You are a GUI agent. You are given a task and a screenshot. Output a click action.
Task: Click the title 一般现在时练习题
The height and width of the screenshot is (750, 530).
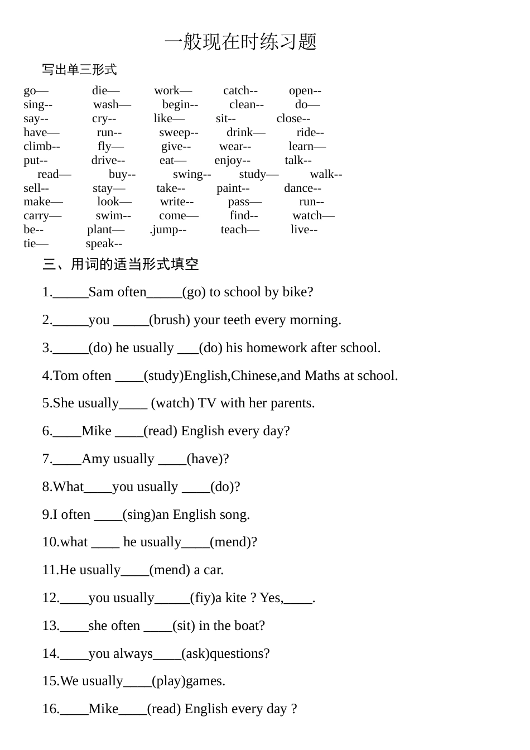(240, 42)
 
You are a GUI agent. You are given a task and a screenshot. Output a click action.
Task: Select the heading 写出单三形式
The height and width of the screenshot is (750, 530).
(79, 70)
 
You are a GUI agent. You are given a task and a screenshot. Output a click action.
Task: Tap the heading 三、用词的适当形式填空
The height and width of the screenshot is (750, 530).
(121, 264)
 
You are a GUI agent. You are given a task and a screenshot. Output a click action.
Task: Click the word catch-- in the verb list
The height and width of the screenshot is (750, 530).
(240, 90)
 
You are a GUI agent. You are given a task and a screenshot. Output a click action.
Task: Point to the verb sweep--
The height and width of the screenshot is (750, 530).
(179, 132)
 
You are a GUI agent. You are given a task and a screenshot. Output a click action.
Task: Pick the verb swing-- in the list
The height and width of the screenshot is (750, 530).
(191, 174)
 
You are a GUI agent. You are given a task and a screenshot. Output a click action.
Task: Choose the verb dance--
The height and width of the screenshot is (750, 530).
(302, 188)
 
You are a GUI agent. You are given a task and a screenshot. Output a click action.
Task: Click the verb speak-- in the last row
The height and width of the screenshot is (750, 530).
(104, 243)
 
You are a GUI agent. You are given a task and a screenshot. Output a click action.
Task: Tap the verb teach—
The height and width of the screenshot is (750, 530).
(240, 229)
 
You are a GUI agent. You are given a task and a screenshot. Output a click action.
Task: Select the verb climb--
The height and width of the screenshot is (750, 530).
(42, 146)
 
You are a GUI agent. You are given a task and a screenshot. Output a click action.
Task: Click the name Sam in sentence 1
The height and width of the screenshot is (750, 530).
(101, 292)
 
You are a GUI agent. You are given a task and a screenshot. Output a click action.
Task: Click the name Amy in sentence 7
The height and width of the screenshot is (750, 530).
(95, 459)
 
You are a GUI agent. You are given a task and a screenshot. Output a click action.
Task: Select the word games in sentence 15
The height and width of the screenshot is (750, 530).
(205, 681)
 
